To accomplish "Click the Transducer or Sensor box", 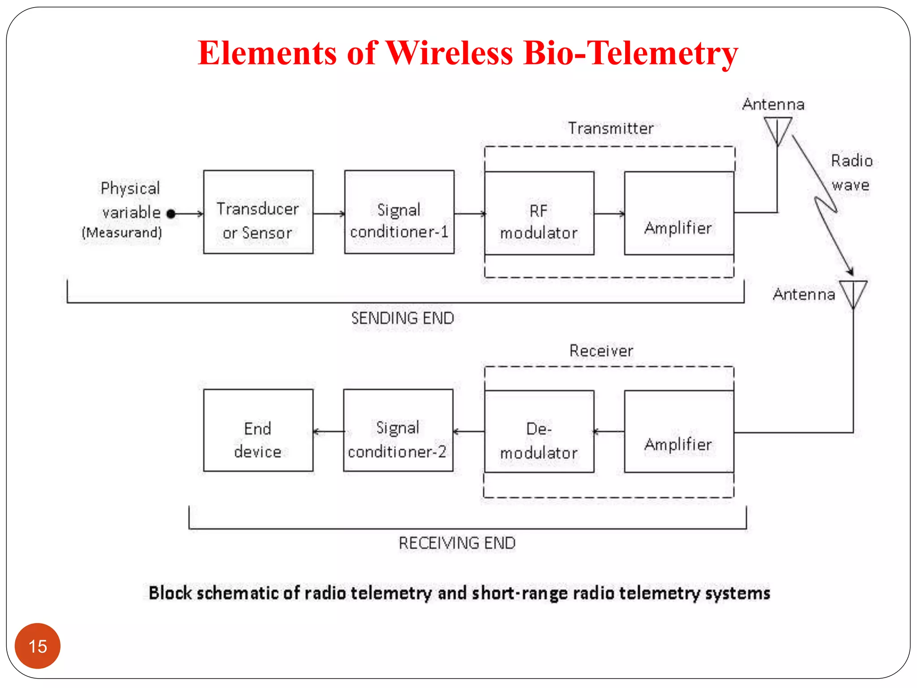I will pos(258,212).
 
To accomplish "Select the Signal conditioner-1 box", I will pos(399,212).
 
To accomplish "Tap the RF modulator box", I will pos(539,213).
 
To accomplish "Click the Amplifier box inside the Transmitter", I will pos(679,213).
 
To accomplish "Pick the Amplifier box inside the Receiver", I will pos(679,431).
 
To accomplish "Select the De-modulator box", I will pos(539,431).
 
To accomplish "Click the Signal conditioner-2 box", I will pos(398,430).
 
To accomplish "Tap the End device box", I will pos(258,430).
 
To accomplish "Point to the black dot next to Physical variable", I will pos(171,214).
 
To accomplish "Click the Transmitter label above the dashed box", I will pos(611,129).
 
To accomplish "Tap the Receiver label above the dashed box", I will pos(601,351).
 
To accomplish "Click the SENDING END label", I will pos(403,318).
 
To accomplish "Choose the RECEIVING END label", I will pos(457,543).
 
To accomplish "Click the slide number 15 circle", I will pos(38,646).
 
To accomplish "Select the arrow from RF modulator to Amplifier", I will pos(609,214).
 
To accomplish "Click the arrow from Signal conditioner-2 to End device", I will pos(328,431).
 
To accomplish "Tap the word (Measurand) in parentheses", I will pos(122,232).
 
